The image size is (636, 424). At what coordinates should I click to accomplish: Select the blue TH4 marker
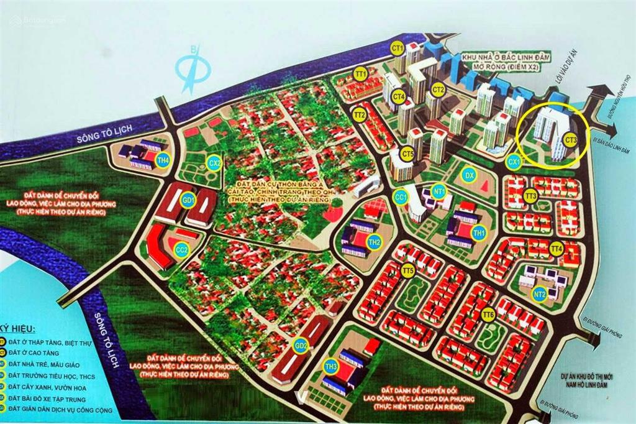click(163, 158)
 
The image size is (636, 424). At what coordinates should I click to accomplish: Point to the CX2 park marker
click(214, 163)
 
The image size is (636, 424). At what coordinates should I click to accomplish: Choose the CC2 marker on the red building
click(182, 249)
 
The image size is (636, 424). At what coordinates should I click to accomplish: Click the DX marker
click(470, 176)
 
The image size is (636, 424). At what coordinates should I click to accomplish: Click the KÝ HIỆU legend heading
click(18, 329)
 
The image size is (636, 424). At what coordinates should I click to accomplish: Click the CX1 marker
click(514, 162)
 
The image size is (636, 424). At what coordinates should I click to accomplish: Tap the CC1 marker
click(401, 198)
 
